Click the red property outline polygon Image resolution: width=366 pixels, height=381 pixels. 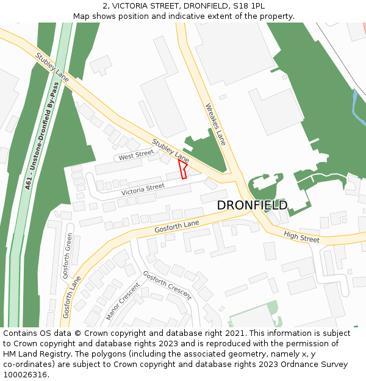182,168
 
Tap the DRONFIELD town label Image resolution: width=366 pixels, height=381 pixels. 252,205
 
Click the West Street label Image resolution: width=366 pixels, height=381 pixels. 136,156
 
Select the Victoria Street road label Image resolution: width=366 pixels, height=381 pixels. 143,190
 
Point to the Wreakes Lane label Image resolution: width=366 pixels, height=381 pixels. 216,124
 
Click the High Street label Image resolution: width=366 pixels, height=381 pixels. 301,237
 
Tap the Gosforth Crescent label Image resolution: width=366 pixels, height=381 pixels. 167,285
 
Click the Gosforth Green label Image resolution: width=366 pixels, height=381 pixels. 69,255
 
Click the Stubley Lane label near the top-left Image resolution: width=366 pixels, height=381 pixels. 52,67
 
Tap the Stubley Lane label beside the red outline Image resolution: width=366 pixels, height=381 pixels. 171,151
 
